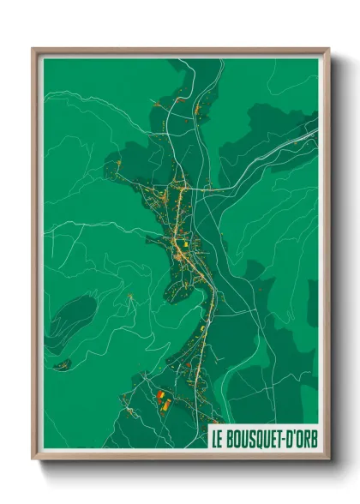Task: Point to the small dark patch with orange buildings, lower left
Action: (62, 365)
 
